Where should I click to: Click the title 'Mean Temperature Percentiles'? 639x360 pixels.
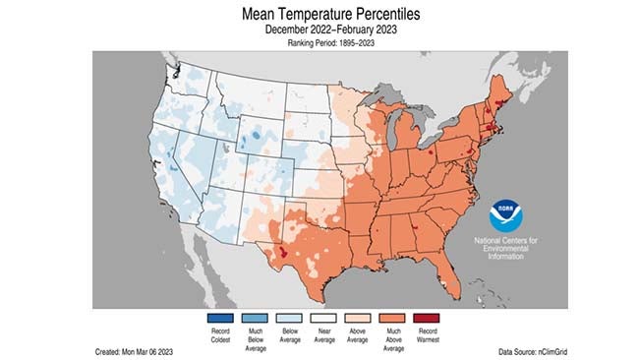(x=319, y=16)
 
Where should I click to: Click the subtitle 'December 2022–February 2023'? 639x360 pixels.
(x=319, y=31)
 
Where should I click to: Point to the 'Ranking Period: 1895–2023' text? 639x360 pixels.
(x=319, y=44)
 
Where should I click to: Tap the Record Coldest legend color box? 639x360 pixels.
(x=220, y=319)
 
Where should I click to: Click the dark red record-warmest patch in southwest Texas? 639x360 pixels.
(x=283, y=253)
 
